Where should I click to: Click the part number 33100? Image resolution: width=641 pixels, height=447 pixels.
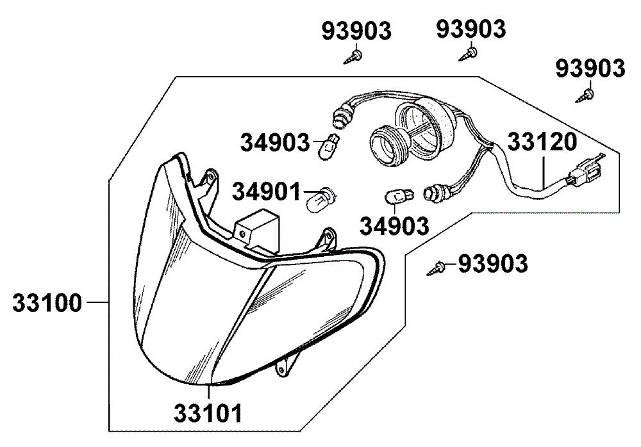[47, 303]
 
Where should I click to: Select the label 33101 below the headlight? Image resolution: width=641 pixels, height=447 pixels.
[208, 413]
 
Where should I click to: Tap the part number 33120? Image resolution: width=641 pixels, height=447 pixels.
[542, 142]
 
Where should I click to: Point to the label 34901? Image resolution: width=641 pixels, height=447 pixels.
[266, 191]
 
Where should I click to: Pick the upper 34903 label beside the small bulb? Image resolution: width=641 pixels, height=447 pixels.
[275, 143]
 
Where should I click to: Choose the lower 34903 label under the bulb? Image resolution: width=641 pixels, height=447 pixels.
[394, 226]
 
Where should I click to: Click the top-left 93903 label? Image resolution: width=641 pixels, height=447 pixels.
[356, 31]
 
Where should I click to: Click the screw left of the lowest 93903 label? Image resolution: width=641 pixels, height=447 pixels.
[436, 268]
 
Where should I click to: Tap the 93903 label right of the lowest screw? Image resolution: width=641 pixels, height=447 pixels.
[493, 264]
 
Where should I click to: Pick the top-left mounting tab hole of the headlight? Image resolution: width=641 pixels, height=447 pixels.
[211, 177]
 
